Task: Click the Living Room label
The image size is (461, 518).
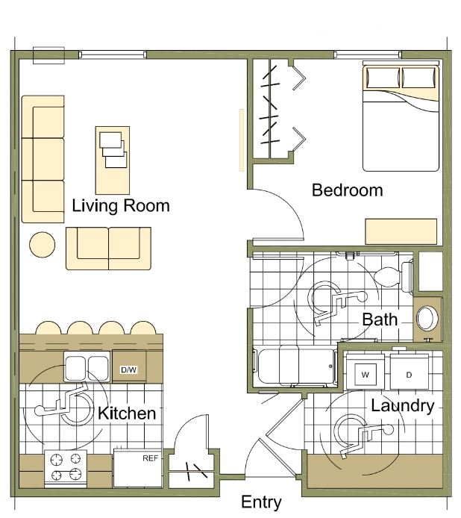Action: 121,206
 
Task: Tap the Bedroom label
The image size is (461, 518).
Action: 348,190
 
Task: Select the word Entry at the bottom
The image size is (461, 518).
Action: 261,502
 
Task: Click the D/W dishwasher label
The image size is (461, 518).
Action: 129,369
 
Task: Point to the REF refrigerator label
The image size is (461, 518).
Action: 150,458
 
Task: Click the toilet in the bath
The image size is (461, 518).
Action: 394,277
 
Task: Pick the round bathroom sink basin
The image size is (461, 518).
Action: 427,319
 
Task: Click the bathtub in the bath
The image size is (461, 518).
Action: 295,366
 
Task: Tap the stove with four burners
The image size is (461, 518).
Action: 66,469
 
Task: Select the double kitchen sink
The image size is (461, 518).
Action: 87,366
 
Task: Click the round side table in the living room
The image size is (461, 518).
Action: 43,245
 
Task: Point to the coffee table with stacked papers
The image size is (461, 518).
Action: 113,160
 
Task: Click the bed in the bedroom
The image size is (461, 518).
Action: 401,116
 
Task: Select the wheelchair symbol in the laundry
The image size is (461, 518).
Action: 363,435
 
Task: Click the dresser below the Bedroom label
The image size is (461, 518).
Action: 401,231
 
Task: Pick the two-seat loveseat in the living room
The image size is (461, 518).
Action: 108,249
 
